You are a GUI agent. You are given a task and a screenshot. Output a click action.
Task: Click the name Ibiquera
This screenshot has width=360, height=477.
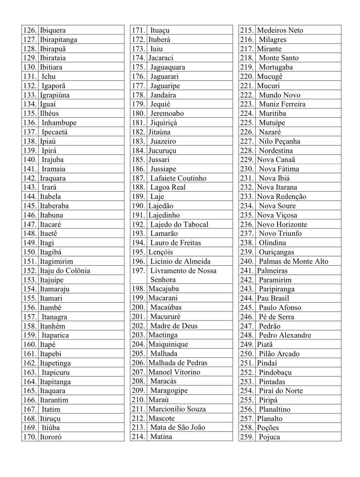click(x=53, y=30)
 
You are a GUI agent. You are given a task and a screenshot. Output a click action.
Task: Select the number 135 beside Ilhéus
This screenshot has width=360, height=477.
click(x=30, y=113)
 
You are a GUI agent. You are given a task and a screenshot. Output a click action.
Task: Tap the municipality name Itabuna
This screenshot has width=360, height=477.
click(x=51, y=215)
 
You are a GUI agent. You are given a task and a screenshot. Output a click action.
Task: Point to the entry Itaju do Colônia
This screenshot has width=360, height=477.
click(x=65, y=271)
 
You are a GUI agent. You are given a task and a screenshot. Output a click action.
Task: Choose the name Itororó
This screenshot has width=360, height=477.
click(x=51, y=437)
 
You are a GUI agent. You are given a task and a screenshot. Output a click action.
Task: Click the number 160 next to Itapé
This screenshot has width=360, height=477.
click(x=30, y=344)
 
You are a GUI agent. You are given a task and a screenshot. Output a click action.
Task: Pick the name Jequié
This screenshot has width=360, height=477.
click(x=160, y=104)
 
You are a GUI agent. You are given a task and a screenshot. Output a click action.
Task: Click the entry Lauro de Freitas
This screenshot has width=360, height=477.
click(x=176, y=243)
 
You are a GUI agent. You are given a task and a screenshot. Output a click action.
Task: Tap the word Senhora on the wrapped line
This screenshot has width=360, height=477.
click(x=163, y=280)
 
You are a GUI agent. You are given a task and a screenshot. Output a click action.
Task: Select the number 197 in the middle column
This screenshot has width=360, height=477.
click(x=138, y=271)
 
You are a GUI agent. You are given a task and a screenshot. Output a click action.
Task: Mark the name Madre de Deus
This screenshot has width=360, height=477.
click(x=174, y=326)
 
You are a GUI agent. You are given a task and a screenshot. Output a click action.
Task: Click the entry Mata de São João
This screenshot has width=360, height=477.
click(x=177, y=427)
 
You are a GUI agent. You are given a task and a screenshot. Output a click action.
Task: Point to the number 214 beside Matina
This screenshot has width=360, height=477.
click(x=138, y=437)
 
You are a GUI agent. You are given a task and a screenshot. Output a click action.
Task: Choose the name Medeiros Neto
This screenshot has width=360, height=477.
click(x=280, y=30)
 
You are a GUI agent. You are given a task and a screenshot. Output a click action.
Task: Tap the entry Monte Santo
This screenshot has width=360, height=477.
click(x=279, y=58)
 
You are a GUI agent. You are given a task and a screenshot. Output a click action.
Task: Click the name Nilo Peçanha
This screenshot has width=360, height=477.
click(x=279, y=141)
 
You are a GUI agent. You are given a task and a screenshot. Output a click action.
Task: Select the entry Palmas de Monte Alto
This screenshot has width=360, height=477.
click(x=294, y=261)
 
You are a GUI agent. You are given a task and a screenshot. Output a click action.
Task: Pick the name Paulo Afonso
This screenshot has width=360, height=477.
click(x=280, y=308)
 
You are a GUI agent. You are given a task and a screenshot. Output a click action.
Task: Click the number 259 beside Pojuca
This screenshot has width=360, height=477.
click(x=247, y=437)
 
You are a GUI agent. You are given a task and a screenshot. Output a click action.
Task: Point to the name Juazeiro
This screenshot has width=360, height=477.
click(x=163, y=141)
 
